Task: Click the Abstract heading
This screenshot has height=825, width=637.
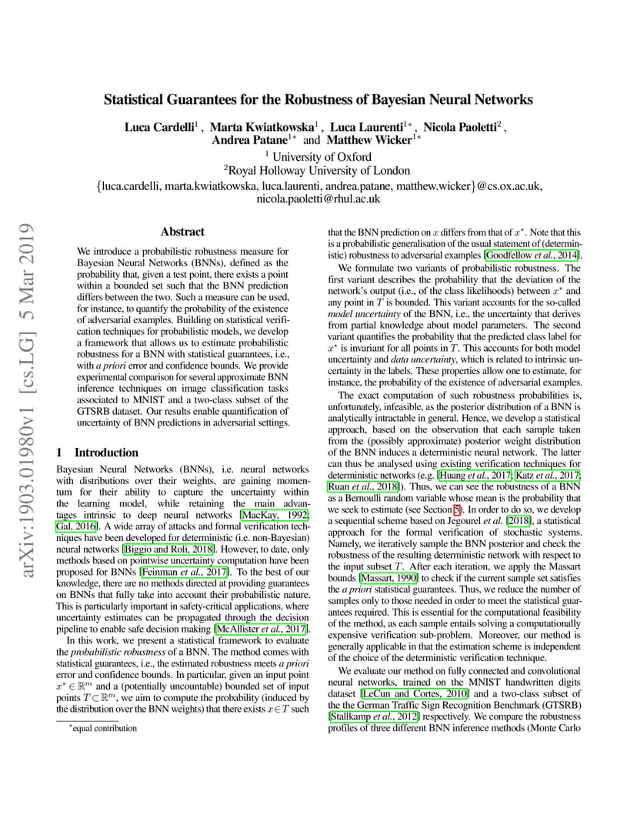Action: [x=182, y=232]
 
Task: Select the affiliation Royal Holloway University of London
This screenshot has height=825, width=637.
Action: [x=318, y=171]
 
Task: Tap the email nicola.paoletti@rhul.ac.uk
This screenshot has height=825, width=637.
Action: [x=318, y=199]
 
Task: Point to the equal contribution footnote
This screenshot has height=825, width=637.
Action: [x=105, y=728]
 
